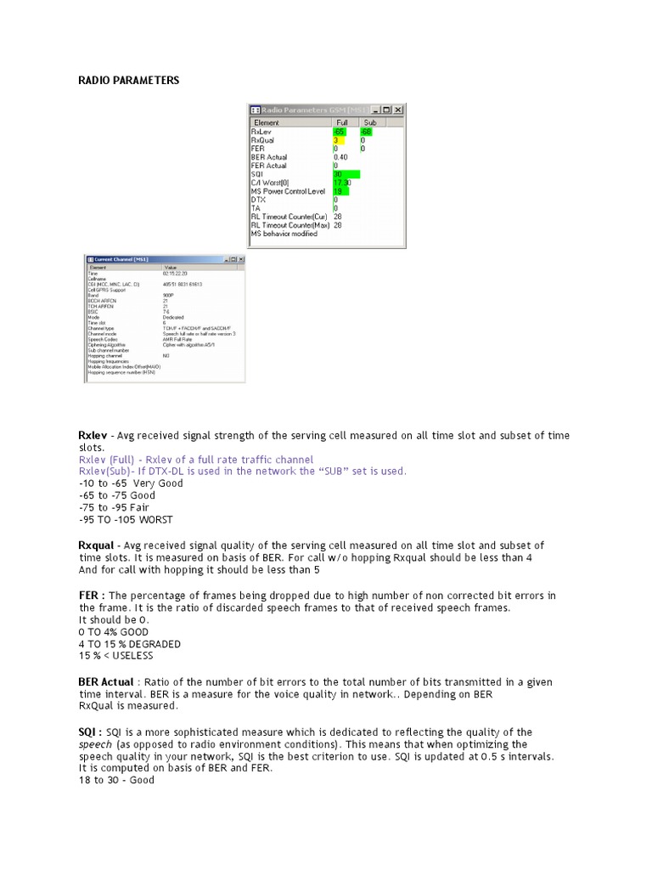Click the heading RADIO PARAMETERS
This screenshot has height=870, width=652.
128,81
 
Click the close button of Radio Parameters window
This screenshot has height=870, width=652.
398,110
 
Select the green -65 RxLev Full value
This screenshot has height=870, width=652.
340,132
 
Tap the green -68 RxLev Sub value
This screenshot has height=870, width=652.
366,132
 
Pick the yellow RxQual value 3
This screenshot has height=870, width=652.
336,140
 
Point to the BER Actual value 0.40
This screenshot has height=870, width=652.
340,157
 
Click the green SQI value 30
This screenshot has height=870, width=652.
339,174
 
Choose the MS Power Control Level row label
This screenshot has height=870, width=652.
289,191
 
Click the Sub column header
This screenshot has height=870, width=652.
369,122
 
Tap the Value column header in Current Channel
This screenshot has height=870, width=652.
170,267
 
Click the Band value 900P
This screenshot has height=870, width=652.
169,295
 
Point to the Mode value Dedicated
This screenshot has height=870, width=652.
171,318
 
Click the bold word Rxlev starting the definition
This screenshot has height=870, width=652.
93,436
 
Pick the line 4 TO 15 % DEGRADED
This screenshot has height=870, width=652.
129,644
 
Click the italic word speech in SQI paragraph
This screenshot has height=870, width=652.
95,743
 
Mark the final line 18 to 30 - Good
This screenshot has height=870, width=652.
116,779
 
